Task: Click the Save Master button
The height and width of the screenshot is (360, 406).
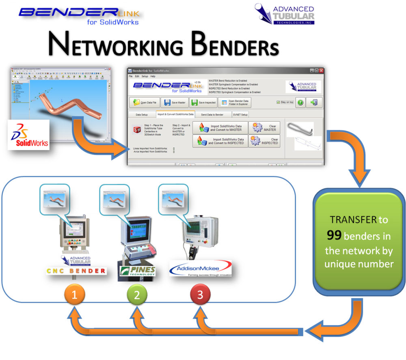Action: tap(175, 103)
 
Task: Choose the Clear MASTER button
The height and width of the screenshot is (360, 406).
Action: tap(264, 128)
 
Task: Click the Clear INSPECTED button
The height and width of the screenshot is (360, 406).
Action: tap(264, 141)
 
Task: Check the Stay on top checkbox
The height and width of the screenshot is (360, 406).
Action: tap(278, 102)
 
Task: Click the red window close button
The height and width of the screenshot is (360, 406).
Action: tap(321, 70)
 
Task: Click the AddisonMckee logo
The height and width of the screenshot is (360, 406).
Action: tap(200, 269)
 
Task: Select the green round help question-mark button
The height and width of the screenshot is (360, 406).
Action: tap(300, 102)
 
